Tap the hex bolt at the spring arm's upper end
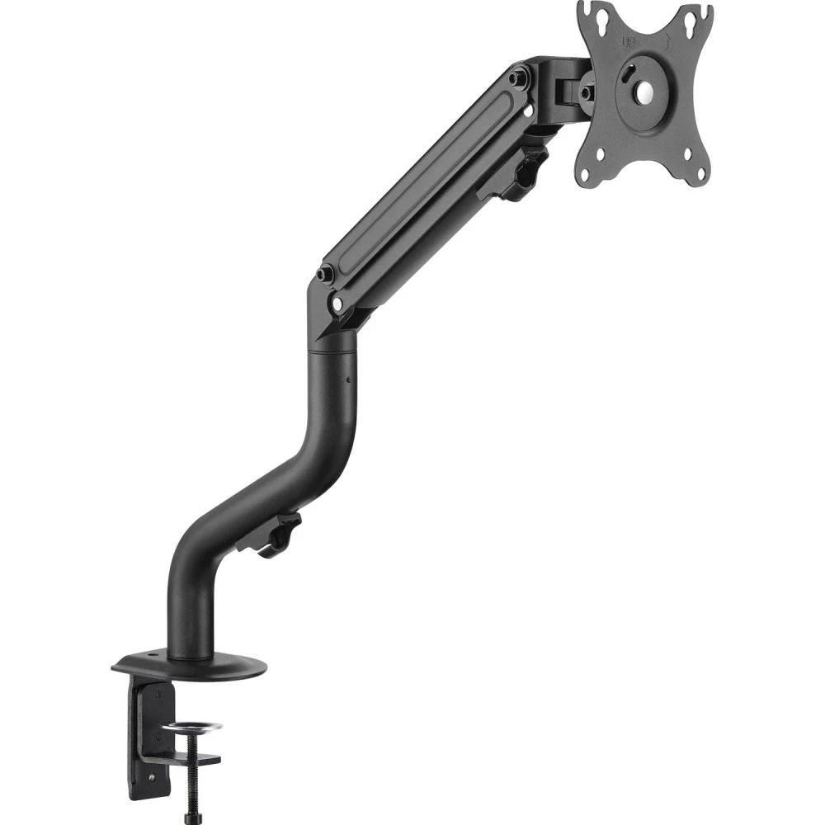(x=518, y=78)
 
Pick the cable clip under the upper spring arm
(x=516, y=174)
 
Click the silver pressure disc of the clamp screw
(x=191, y=727)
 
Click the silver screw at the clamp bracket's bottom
(x=152, y=776)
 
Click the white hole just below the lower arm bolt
(x=337, y=304)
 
